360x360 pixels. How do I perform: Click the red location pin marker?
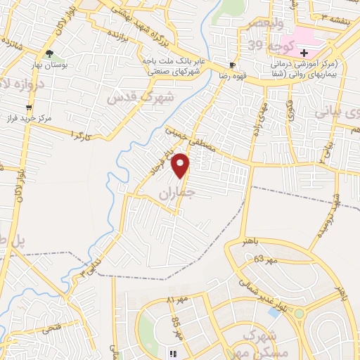(181, 165)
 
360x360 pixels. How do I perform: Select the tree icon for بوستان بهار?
(49, 53)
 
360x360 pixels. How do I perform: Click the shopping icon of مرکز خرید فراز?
(29, 108)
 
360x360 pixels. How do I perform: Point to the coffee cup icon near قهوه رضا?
(233, 63)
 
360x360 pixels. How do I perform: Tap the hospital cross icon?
(304, 53)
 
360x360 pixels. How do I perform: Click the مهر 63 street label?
(258, 259)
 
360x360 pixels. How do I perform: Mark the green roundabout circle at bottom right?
(299, 313)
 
